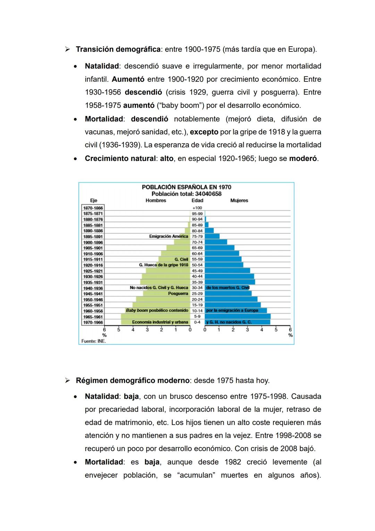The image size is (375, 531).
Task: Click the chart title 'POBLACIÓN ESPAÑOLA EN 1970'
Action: (x=186, y=187)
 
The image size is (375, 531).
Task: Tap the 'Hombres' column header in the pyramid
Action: (x=156, y=201)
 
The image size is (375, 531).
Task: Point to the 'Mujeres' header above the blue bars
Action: (x=239, y=201)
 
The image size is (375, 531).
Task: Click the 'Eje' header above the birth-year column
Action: (x=93, y=201)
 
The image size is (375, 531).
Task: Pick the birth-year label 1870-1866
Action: (x=93, y=208)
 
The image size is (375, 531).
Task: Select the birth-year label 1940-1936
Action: (x=93, y=288)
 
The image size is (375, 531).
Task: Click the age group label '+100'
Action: (x=197, y=208)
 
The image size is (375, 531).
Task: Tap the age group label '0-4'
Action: (x=197, y=322)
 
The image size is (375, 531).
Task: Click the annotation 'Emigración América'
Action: (x=168, y=236)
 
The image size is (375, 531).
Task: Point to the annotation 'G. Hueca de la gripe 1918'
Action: (x=164, y=265)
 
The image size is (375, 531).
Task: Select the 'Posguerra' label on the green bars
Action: (x=178, y=294)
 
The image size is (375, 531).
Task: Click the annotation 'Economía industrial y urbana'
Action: (x=160, y=322)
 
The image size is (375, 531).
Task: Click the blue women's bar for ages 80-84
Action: (x=209, y=231)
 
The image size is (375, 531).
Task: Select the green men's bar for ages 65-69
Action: (x=178, y=248)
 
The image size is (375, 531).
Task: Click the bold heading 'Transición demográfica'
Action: (x=118, y=49)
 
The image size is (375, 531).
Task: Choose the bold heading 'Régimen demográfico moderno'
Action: (x=133, y=380)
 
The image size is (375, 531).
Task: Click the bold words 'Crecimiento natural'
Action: (x=120, y=159)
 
